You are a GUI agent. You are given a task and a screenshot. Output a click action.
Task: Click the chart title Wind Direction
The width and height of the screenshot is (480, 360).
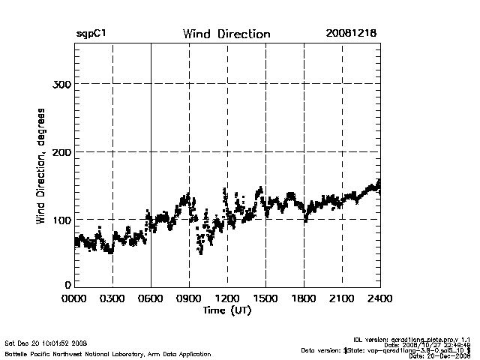tap(226, 34)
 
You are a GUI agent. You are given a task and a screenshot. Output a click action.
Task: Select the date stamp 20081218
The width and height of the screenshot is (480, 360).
tap(352, 34)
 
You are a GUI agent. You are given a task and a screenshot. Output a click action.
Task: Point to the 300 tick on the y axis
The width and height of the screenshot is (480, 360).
tap(61, 84)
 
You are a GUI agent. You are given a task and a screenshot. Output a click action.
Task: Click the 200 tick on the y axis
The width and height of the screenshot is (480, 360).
tap(61, 151)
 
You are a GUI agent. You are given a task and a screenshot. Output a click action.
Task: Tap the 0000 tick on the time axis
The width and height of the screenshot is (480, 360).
tap(74, 298)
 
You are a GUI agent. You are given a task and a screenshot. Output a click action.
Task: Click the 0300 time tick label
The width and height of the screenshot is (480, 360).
tap(112, 298)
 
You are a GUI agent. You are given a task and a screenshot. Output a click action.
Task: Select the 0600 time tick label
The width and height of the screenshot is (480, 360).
tap(151, 298)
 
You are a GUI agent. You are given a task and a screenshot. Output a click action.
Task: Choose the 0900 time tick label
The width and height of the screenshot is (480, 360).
tap(189, 298)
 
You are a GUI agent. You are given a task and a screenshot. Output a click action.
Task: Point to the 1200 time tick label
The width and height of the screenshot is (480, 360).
tap(227, 298)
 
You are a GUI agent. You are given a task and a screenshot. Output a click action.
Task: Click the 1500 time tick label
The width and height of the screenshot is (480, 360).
tap(265, 298)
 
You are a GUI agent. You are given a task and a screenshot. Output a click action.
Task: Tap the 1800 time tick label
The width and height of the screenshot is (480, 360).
tap(304, 298)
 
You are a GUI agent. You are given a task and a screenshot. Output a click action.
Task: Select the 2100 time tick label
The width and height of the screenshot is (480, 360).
tap(342, 298)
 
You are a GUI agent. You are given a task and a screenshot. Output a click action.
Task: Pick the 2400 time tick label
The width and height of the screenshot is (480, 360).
tap(379, 298)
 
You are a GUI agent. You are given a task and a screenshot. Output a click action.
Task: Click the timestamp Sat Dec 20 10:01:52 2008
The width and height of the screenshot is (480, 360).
tap(46, 343)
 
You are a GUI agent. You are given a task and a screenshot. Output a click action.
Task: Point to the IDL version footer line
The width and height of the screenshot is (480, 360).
tap(417, 340)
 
